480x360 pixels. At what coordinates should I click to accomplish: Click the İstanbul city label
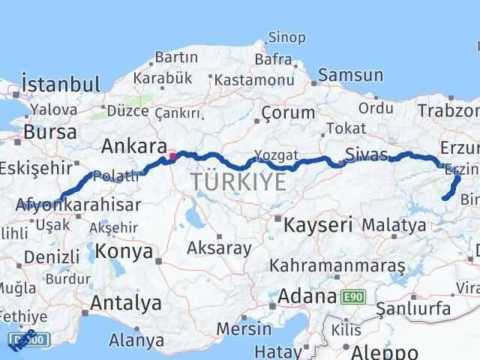click(x=61, y=83)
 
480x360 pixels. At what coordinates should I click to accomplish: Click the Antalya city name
click(x=125, y=303)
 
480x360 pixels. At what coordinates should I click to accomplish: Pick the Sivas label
click(x=367, y=155)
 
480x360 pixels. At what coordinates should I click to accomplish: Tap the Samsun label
click(x=350, y=76)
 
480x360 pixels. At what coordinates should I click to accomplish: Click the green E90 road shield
click(x=352, y=297)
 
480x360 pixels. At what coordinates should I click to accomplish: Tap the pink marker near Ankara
click(x=173, y=157)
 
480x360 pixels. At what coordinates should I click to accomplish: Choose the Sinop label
click(x=287, y=37)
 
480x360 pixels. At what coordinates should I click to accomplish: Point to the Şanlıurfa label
click(x=413, y=308)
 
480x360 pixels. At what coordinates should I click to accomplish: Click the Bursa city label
click(x=50, y=133)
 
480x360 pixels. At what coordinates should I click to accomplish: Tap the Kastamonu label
click(x=253, y=79)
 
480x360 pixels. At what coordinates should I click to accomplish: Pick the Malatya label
click(x=394, y=224)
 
